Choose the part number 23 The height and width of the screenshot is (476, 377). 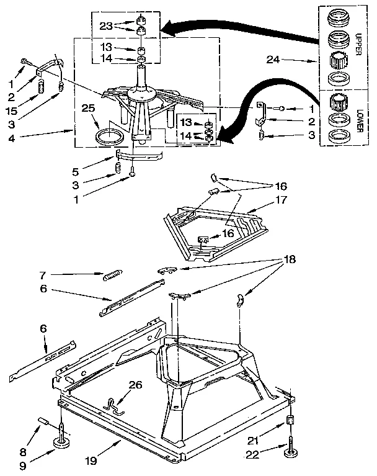107,27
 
